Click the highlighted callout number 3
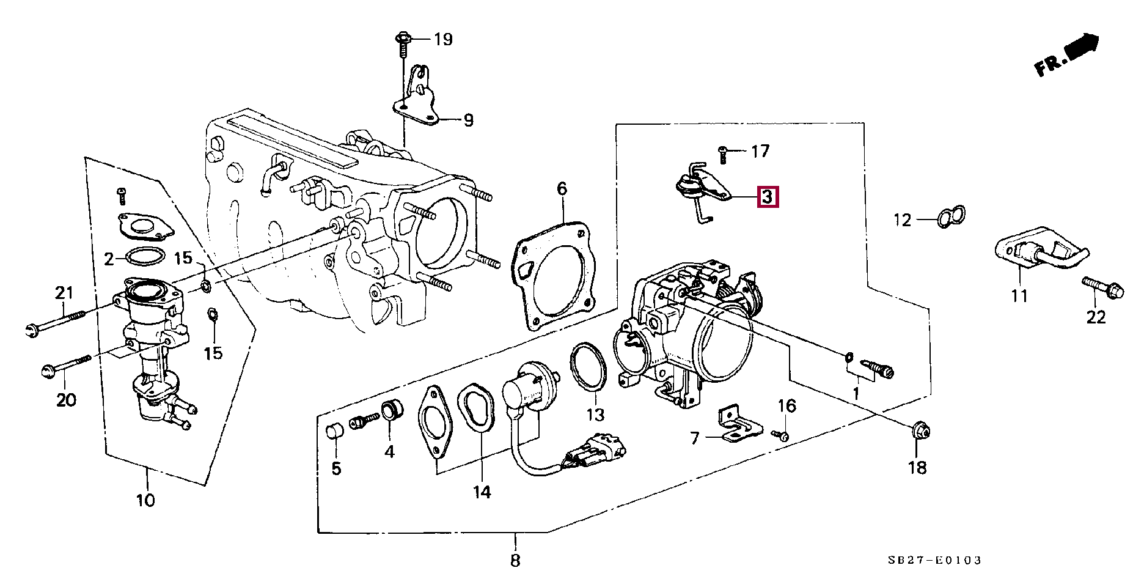pyautogui.click(x=768, y=198)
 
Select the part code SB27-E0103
pyautogui.click(x=935, y=560)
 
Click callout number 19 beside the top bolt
pyautogui.click(x=443, y=40)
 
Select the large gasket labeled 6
pyautogui.click(x=554, y=278)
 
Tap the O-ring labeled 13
pyautogui.click(x=589, y=366)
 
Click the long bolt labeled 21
pyautogui.click(x=56, y=322)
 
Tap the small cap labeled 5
pyautogui.click(x=335, y=432)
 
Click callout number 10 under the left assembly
pyautogui.click(x=145, y=501)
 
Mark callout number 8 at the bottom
pyautogui.click(x=515, y=560)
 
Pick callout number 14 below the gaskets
pyautogui.click(x=482, y=492)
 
